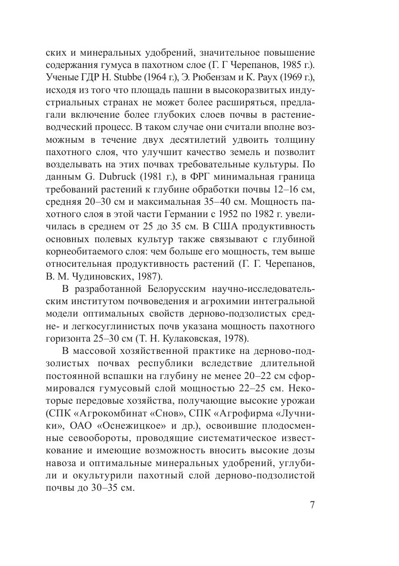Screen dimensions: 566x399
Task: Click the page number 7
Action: click(x=312, y=506)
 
